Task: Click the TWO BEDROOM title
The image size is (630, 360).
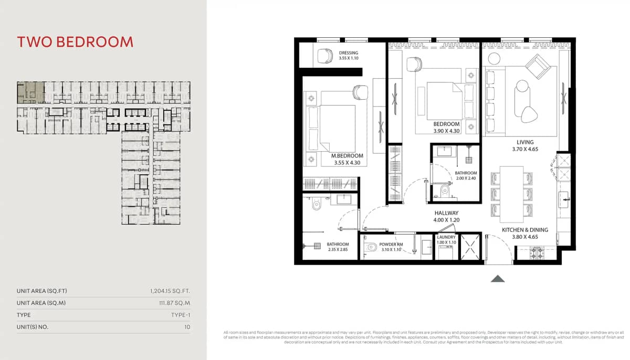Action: [x=75, y=42]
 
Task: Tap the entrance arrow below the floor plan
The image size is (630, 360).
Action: [x=498, y=279]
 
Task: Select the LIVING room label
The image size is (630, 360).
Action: [x=525, y=142]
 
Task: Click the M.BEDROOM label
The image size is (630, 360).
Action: [x=347, y=156]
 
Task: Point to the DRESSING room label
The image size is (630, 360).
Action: [x=349, y=53]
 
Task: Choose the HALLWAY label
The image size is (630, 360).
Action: [x=447, y=213]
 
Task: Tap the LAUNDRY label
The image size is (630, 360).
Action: [x=446, y=237]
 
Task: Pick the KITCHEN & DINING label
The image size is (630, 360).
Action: [x=525, y=230]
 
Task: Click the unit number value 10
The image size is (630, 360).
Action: [x=187, y=327]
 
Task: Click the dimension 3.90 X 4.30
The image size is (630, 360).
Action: [x=447, y=131]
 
